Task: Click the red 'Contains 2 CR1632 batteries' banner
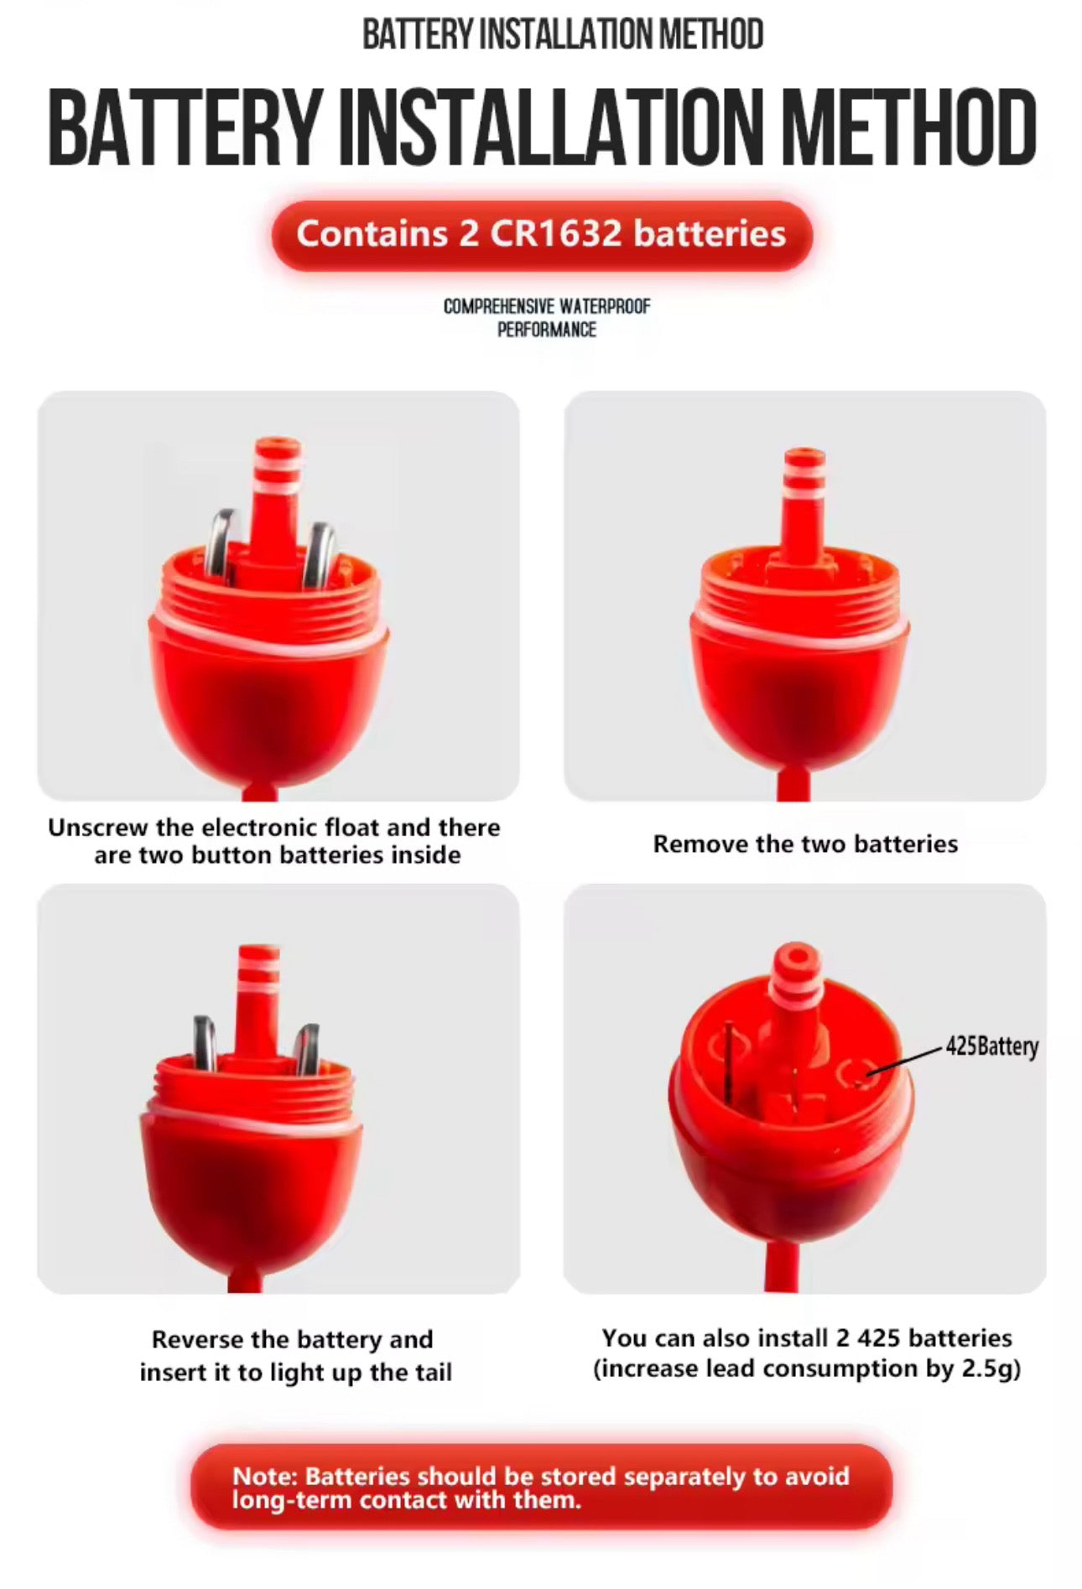click(x=542, y=235)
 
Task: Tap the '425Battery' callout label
click(x=991, y=1046)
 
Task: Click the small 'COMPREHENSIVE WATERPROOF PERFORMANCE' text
click(x=547, y=318)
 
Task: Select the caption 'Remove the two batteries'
click(x=805, y=844)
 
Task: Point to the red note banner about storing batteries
click(x=542, y=1487)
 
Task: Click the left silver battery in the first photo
click(x=222, y=545)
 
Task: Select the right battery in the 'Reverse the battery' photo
click(x=307, y=1049)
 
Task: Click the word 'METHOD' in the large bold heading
click(x=909, y=128)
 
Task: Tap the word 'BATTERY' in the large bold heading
click(x=185, y=128)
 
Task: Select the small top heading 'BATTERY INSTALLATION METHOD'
click(x=563, y=34)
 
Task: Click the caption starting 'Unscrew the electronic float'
click(x=274, y=841)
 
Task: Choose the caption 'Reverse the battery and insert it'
click(x=295, y=1355)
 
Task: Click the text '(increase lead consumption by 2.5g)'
click(x=807, y=1369)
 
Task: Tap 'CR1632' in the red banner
click(x=556, y=234)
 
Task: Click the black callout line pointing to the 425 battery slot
click(x=906, y=1060)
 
